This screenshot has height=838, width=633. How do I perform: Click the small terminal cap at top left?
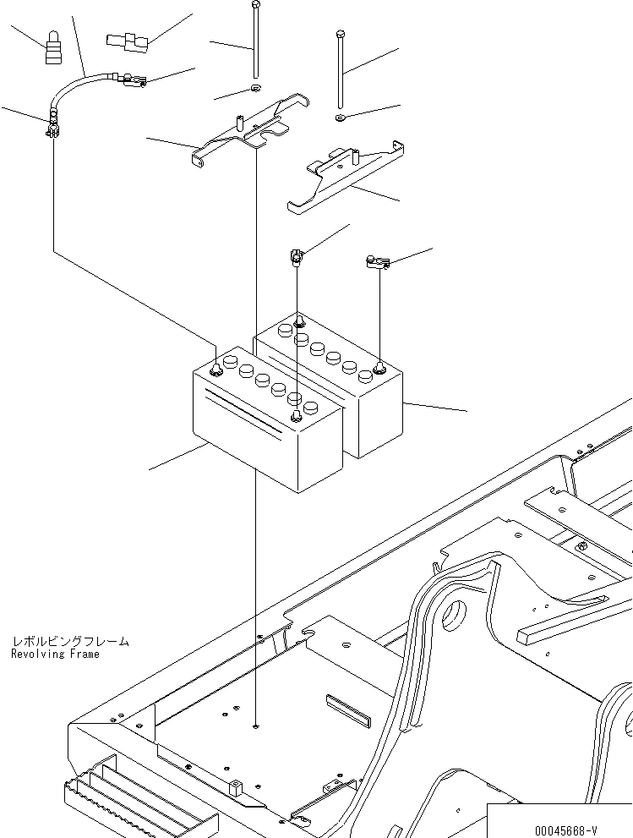point(55,49)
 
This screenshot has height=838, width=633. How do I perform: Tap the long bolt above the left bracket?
point(254,42)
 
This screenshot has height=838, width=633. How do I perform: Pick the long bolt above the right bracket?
point(340,72)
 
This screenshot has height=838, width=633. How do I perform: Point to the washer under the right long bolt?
point(340,116)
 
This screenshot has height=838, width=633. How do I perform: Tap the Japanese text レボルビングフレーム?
point(71,642)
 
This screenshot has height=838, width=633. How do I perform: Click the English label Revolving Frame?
point(56,655)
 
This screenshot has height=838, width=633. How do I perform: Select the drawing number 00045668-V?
point(563,830)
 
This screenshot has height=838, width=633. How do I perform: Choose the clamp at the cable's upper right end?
point(133,81)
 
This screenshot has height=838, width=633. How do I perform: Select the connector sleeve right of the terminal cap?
point(127,40)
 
